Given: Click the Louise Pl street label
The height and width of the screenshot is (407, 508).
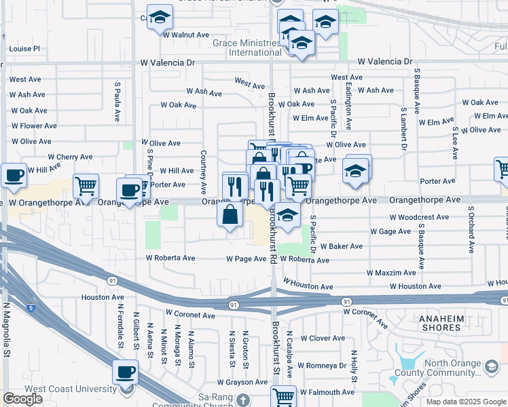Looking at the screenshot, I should click(25, 49).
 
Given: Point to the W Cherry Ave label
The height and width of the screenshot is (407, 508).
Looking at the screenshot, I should click(70, 157).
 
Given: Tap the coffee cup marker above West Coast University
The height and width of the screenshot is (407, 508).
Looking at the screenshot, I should click(126, 372).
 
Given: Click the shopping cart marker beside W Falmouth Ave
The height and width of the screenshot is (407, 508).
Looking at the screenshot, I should click(284, 396).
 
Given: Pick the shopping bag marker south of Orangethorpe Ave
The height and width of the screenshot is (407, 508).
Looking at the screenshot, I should click(231, 214).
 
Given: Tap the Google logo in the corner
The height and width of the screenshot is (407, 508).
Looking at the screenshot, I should click(23, 399).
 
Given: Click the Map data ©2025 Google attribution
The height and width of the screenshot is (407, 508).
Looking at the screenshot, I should click(465, 402).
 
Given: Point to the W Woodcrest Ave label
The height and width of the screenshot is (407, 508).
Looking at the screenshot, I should click(419, 218).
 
